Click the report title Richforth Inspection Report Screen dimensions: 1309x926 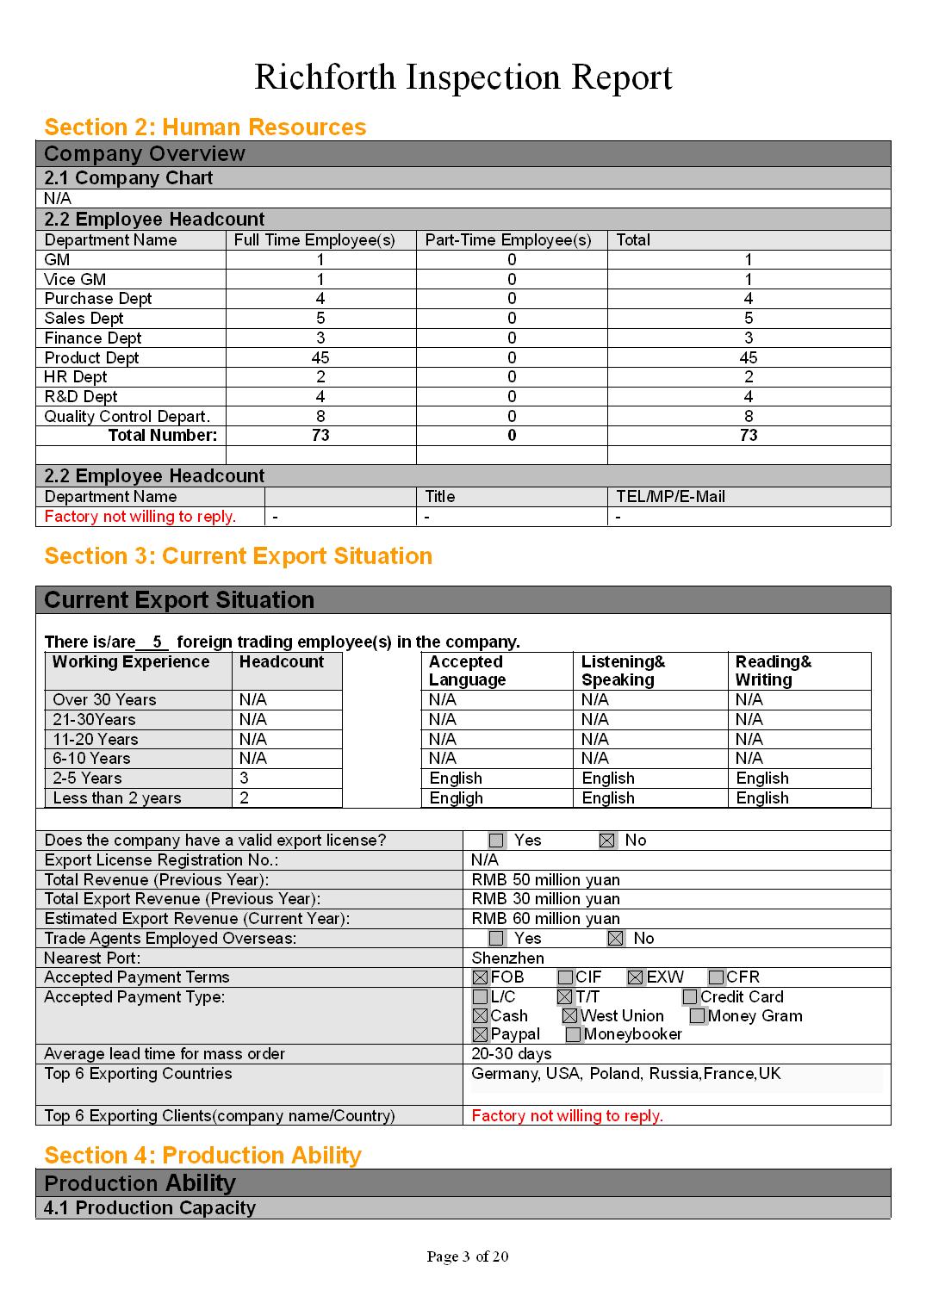click(463, 78)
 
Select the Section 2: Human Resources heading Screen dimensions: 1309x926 click(205, 127)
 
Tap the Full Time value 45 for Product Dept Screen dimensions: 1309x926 click(320, 357)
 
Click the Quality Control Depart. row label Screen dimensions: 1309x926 click(127, 417)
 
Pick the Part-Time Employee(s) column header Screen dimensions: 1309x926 click(508, 240)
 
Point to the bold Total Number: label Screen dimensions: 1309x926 click(163, 436)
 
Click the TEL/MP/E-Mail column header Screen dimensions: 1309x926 click(670, 497)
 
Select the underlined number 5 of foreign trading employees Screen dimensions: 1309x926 click(156, 642)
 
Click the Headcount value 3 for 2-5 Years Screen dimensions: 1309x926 click(245, 779)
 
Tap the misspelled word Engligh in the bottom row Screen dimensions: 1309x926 click(456, 798)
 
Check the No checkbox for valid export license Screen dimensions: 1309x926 click(607, 841)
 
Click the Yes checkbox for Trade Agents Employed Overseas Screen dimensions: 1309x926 click(496, 939)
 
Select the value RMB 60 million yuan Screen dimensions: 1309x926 click(545, 919)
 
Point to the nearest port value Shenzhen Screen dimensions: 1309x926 click(507, 958)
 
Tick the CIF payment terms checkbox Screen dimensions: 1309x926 click(565, 977)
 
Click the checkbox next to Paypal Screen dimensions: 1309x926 click(481, 1035)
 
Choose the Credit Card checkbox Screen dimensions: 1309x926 click(690, 997)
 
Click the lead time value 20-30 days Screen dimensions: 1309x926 click(512, 1054)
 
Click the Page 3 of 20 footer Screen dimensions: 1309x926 click(467, 1256)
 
